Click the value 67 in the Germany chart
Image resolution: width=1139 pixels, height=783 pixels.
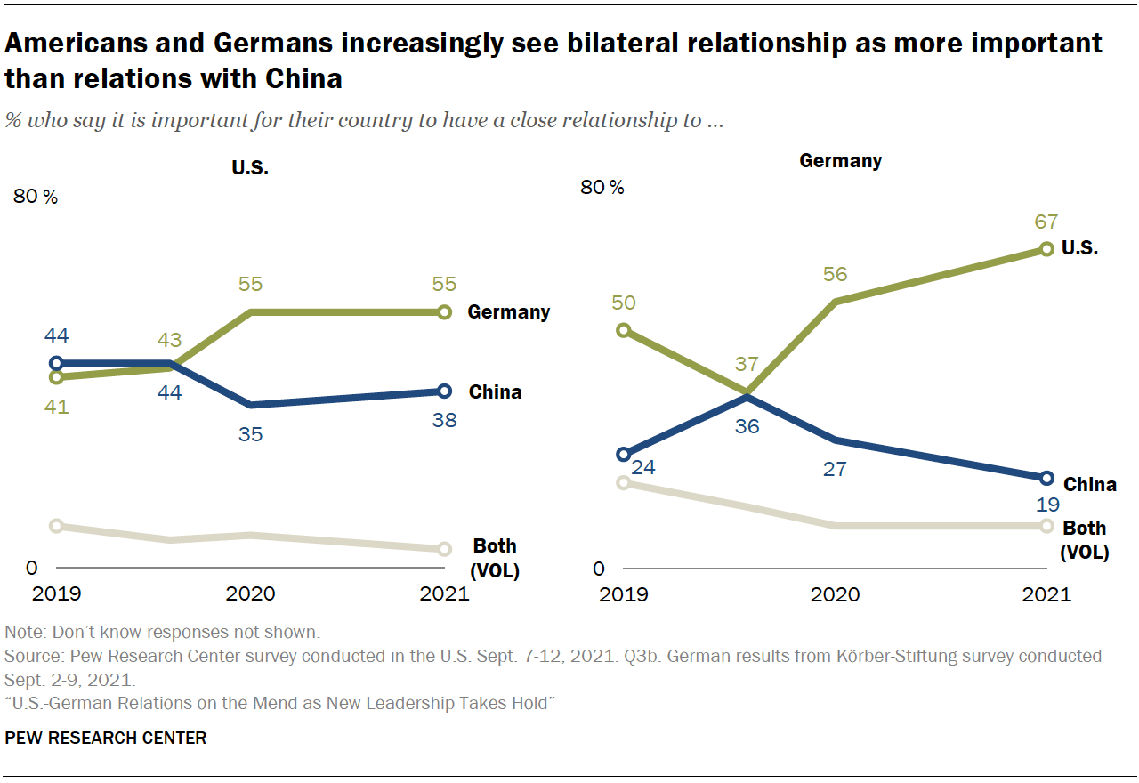(x=1046, y=222)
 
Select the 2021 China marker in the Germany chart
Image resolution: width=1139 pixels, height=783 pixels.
(x=1046, y=478)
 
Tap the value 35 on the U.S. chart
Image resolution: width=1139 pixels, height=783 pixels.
(x=251, y=434)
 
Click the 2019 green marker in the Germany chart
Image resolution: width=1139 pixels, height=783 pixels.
(x=624, y=330)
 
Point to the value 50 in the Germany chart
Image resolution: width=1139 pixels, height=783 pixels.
(x=624, y=303)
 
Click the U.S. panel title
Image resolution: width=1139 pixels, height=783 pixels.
(x=250, y=167)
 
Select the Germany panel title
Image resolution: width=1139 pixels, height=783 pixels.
(x=840, y=161)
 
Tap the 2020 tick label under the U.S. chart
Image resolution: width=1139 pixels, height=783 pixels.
(x=251, y=593)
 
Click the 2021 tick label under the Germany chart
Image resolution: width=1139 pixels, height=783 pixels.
(x=1046, y=594)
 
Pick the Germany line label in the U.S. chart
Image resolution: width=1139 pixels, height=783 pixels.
(x=509, y=312)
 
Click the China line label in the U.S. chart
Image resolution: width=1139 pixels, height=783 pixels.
(x=495, y=391)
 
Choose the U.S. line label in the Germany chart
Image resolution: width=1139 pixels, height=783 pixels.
(x=1079, y=249)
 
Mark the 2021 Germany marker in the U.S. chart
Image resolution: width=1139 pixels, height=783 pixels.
(x=443, y=312)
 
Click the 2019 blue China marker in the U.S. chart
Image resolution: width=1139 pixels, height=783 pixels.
(x=57, y=363)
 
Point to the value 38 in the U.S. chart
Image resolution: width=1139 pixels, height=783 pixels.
(x=443, y=420)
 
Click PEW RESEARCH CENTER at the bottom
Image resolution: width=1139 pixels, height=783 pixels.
(x=106, y=738)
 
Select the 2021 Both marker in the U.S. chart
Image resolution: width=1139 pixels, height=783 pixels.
(x=443, y=549)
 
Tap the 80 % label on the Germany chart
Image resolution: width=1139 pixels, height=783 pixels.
(x=602, y=188)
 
